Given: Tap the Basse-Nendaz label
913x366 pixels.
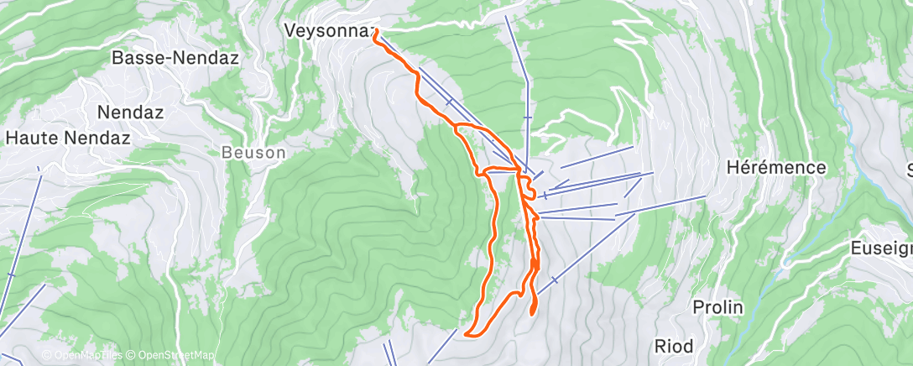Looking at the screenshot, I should click(175, 59).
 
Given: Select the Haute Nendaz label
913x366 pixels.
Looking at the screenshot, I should click(68, 137).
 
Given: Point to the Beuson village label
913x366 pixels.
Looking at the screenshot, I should click(253, 154).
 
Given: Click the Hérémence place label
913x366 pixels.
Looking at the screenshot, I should click(776, 168).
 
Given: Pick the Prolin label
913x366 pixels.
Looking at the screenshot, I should click(718, 307).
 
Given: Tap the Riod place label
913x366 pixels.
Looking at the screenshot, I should click(675, 346).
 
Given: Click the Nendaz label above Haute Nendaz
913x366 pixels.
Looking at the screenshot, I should click(130, 112).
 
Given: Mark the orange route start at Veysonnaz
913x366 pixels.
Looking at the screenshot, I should click(375, 31).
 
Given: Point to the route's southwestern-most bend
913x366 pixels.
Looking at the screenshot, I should click(467, 335).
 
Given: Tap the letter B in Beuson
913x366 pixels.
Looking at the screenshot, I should click(227, 154).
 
